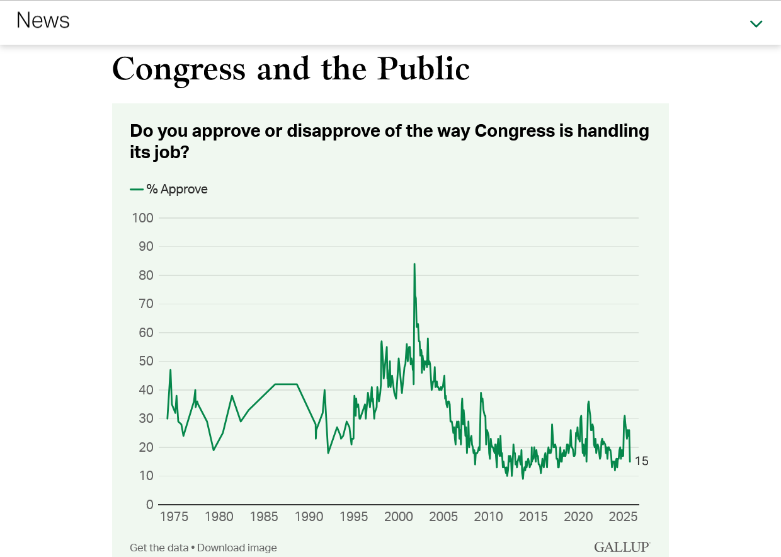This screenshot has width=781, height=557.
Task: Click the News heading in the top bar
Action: [43, 20]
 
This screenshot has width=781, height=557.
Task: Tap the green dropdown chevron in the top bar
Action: [756, 24]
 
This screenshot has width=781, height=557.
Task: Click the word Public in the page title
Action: [424, 69]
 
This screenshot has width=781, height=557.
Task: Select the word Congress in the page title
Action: [178, 69]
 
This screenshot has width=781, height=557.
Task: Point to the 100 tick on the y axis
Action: [143, 218]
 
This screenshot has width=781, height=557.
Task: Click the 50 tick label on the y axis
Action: [146, 361]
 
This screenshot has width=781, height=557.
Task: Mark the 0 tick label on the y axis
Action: [150, 504]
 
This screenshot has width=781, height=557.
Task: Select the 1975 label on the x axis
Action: [174, 517]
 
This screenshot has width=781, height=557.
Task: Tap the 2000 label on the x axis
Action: [399, 517]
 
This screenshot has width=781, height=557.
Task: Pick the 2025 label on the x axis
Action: [623, 517]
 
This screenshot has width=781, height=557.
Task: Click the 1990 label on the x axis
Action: [309, 517]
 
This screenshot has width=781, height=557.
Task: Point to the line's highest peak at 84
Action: [414, 264]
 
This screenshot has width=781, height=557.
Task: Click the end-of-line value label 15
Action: [641, 461]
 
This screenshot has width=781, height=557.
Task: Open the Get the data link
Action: [159, 548]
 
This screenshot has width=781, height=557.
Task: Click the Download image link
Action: [237, 548]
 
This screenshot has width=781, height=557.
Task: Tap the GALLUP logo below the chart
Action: [622, 547]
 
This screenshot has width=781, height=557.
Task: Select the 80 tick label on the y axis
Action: [146, 275]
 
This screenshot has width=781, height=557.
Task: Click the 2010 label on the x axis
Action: [488, 517]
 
